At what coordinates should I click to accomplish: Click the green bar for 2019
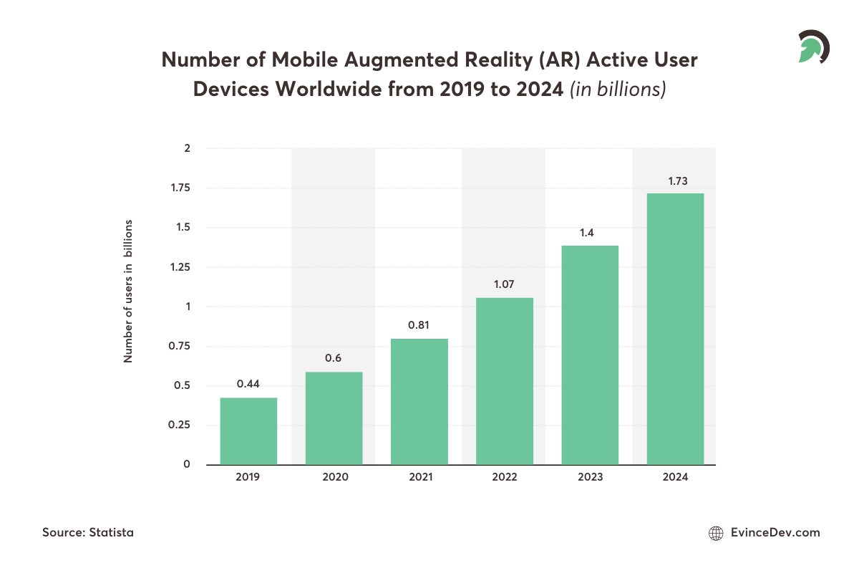pos(248,430)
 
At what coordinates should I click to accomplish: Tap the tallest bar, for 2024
pos(675,329)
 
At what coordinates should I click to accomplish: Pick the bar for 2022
pos(504,381)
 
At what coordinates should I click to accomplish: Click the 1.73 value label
pos(678,181)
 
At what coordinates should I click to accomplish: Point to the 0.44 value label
pos(248,384)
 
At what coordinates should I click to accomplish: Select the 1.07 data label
pos(504,285)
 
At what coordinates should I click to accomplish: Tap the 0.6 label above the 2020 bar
pos(333,358)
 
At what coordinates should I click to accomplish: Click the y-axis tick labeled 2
pos(187,149)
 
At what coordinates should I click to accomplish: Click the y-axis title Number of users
pos(129,290)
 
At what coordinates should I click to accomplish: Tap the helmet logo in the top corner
pos(814,47)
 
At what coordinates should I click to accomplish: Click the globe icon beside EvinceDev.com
pos(715,533)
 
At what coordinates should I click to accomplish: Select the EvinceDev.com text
pos(775,533)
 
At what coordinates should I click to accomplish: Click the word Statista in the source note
pos(112,533)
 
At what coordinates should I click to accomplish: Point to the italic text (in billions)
pos(618,90)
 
